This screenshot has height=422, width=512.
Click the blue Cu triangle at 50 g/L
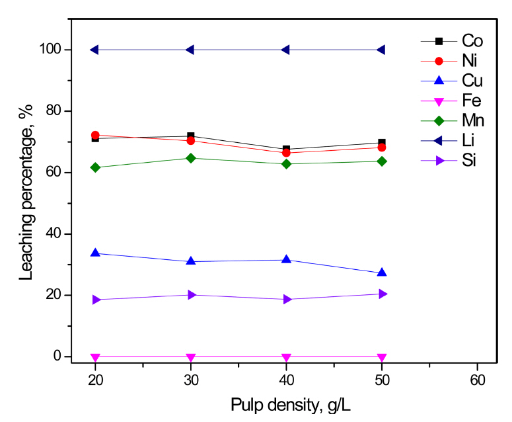[382, 273]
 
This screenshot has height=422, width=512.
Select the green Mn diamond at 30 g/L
[191, 158]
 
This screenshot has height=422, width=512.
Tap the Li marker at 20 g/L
[95, 50]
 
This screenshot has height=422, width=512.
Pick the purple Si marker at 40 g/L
[287, 299]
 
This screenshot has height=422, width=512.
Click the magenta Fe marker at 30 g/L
[191, 357]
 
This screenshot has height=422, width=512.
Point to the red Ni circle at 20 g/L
[95, 135]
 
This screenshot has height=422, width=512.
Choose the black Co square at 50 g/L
[382, 143]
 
